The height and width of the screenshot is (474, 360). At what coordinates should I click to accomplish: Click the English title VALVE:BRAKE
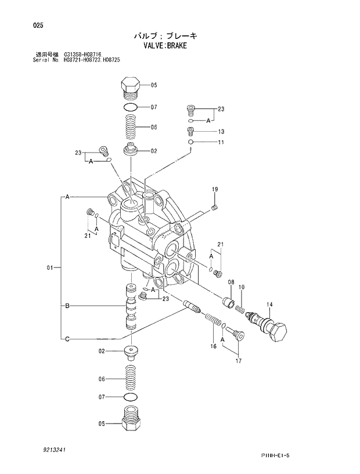coord(165,45)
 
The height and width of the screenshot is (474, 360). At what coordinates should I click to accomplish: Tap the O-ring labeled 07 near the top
coord(131,107)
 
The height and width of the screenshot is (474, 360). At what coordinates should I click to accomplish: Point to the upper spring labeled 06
coord(131,127)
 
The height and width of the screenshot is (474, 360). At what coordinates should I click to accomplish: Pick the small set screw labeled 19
coord(215,207)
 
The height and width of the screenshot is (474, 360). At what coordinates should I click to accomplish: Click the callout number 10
coord(242,287)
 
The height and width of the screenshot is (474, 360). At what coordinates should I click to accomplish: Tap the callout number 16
coord(213,346)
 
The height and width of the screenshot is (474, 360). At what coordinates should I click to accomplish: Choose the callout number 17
coord(238,361)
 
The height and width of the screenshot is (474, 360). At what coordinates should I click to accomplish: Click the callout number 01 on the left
coord(50,267)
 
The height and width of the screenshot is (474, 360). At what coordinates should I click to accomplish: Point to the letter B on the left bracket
coord(67,305)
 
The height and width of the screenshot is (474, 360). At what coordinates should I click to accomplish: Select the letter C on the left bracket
coord(67,339)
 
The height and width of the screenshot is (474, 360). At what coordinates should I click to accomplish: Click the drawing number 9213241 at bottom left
coord(53,449)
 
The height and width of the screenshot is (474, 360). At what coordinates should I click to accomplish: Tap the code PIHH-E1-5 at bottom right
coord(275,455)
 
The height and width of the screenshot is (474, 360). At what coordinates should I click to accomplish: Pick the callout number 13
coord(221,132)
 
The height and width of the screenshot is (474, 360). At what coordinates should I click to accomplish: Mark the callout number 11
coord(221,142)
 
